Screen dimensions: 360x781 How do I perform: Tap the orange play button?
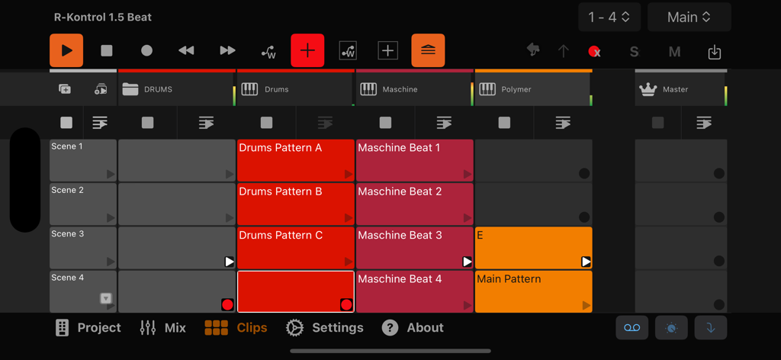pyautogui.click(x=66, y=50)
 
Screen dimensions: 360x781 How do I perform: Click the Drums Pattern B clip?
pyautogui.click(x=295, y=204)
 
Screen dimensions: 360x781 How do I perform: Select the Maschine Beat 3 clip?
pyautogui.click(x=414, y=247)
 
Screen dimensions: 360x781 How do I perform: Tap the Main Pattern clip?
pyautogui.click(x=533, y=291)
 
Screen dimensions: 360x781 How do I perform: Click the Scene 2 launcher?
pyautogui.click(x=82, y=204)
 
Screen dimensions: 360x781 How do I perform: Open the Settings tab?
pyautogui.click(x=324, y=328)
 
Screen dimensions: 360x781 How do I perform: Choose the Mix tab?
pyautogui.click(x=163, y=328)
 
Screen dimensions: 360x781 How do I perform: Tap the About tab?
pyautogui.click(x=413, y=328)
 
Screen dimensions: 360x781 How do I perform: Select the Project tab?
pyautogui.click(x=88, y=328)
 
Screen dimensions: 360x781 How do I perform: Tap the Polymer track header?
pyautogui.click(x=532, y=89)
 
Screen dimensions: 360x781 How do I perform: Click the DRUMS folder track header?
pyautogui.click(x=175, y=89)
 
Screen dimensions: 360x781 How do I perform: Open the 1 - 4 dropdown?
pyautogui.click(x=609, y=17)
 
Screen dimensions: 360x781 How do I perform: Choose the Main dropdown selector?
pyautogui.click(x=689, y=17)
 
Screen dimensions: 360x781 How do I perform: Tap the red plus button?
pyautogui.click(x=307, y=50)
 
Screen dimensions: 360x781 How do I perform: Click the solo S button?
pyautogui.click(x=634, y=52)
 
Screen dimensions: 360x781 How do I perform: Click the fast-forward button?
pyautogui.click(x=227, y=50)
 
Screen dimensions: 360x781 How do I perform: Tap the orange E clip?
pyautogui.click(x=533, y=247)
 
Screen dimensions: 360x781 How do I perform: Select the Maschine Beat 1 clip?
pyautogui.click(x=414, y=160)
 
